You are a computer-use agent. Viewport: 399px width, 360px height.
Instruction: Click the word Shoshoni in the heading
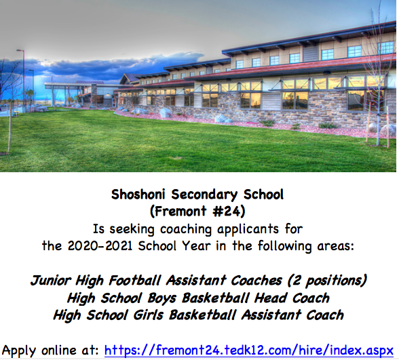[x=138, y=195]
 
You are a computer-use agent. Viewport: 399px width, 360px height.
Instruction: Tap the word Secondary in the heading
[x=204, y=195]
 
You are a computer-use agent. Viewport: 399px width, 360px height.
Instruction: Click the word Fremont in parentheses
[x=180, y=212]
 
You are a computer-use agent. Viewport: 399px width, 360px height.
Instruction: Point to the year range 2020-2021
[x=100, y=246]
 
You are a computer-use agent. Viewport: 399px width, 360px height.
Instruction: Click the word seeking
[x=132, y=229]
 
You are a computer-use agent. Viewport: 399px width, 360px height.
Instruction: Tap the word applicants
[x=248, y=229]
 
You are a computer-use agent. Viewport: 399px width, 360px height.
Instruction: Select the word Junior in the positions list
[x=51, y=281]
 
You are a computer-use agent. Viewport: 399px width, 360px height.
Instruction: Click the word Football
[x=135, y=281]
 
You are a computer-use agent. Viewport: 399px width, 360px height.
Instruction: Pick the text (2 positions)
[x=327, y=281]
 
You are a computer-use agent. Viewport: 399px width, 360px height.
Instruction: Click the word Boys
[x=161, y=298]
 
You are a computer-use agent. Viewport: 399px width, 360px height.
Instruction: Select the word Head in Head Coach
[x=271, y=298]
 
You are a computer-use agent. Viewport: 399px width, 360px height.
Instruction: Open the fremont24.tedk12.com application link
[x=249, y=350]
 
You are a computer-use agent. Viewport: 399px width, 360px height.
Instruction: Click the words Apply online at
[x=50, y=351]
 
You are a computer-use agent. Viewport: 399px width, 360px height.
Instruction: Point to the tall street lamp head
[x=20, y=51]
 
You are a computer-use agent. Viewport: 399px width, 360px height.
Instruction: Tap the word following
[x=285, y=246]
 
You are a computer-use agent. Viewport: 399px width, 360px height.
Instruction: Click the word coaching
[x=186, y=229]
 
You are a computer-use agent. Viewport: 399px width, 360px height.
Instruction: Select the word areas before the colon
[x=333, y=246]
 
